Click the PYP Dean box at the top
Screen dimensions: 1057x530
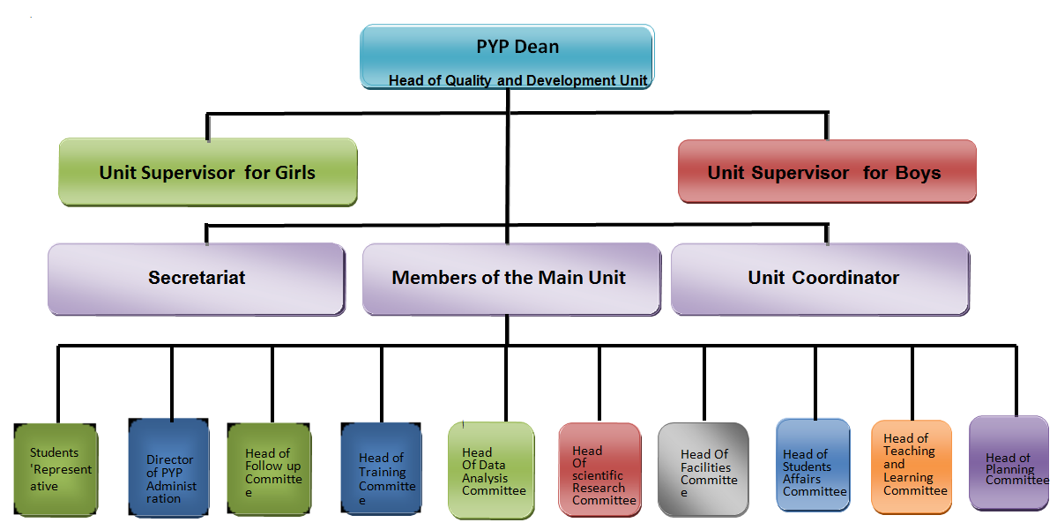[x=507, y=56]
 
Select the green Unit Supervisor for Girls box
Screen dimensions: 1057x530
[x=208, y=172]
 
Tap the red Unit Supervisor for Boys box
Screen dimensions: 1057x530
[x=827, y=171]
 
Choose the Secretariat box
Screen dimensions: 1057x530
[x=197, y=279]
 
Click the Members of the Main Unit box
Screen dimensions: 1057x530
[x=511, y=279]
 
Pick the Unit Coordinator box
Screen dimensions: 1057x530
[x=821, y=279]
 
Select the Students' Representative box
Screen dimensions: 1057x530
[x=56, y=470]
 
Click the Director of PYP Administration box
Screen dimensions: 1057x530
[x=168, y=468]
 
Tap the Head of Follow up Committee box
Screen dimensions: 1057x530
[x=269, y=470]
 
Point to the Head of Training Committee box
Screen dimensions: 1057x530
[x=382, y=469]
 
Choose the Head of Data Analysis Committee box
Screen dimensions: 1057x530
[x=491, y=470]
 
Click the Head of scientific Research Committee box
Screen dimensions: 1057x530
[x=599, y=470]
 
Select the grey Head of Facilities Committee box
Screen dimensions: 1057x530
[x=703, y=470]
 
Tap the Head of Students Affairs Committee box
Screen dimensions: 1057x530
[x=813, y=467]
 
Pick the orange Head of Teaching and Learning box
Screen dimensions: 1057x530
[x=912, y=467]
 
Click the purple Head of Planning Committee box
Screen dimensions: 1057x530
[x=1009, y=463]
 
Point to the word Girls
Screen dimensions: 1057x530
[x=295, y=173]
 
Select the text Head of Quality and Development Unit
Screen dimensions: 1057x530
[x=517, y=80]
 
